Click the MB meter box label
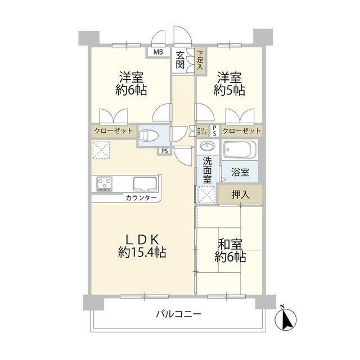(158, 52)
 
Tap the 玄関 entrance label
(180, 60)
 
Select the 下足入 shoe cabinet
(201, 61)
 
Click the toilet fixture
(149, 136)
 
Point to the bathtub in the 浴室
(240, 150)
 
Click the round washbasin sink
(208, 146)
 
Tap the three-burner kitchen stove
(105, 184)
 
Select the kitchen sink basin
(146, 184)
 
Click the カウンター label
(141, 197)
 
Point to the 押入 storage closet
(240, 195)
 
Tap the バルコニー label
(179, 314)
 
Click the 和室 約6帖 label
(230, 251)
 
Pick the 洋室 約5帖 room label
(229, 84)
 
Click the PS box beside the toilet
(165, 151)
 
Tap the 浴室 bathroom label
(240, 172)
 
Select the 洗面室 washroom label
(207, 170)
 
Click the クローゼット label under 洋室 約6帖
(114, 131)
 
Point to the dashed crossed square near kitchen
(101, 150)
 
